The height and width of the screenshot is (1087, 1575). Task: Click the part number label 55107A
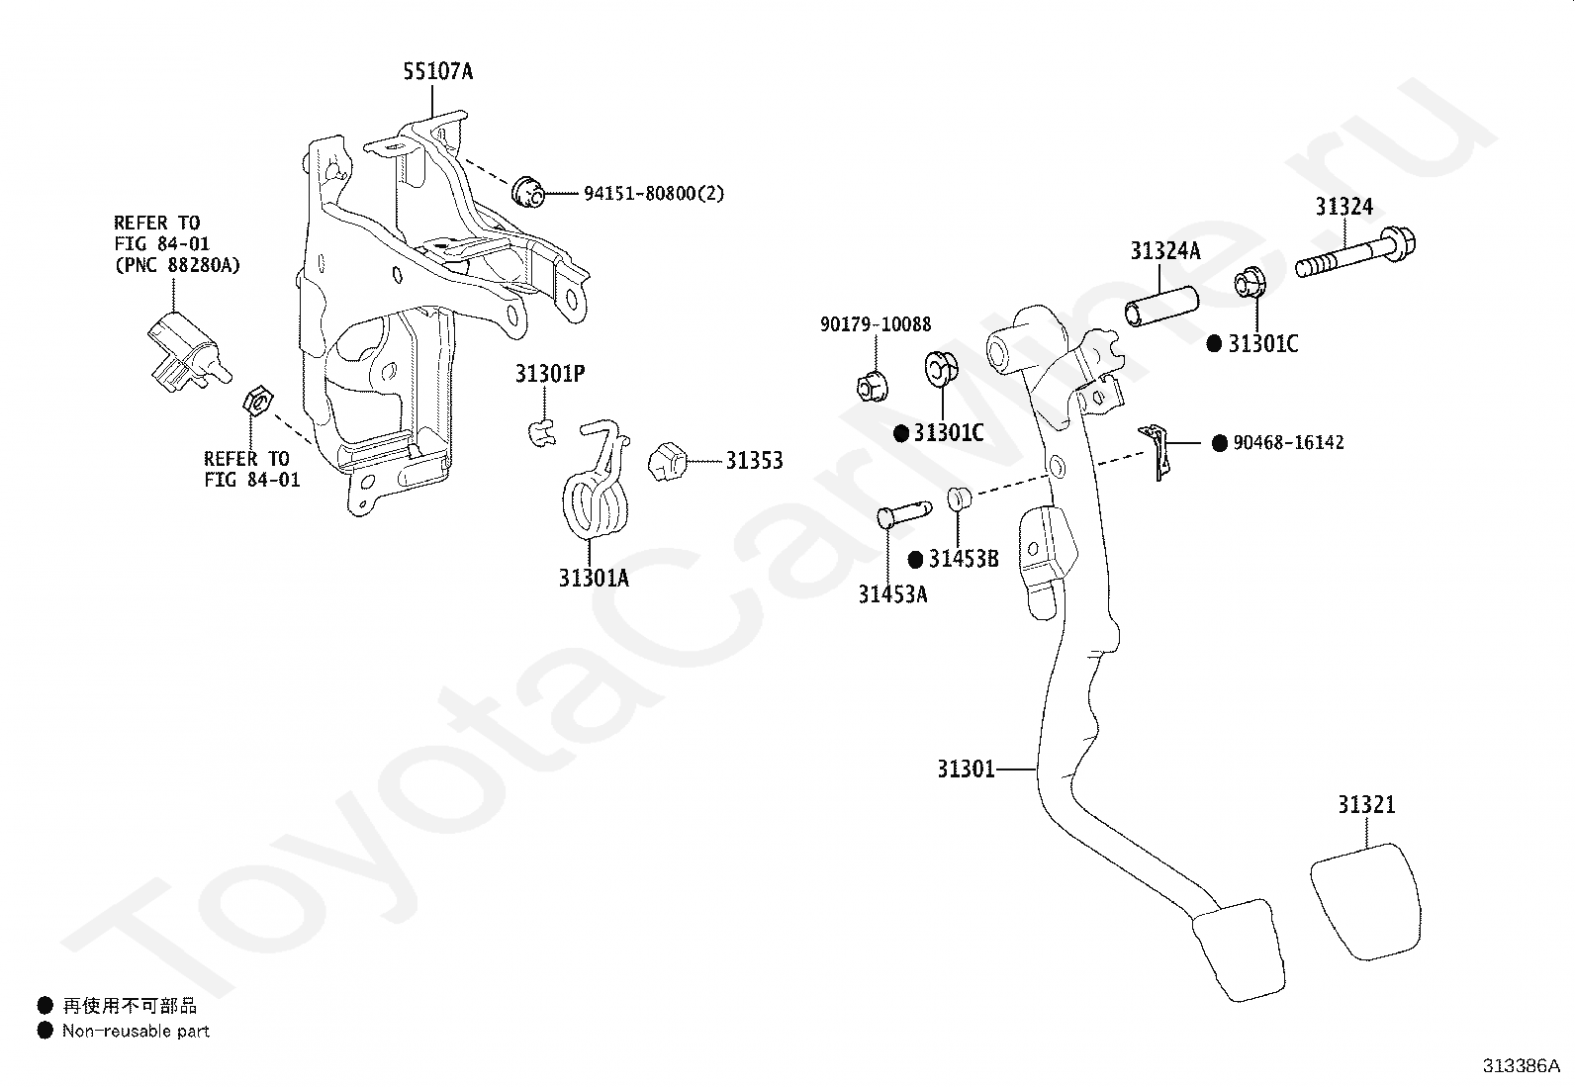point(438,72)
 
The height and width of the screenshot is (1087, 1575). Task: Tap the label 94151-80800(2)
point(654,193)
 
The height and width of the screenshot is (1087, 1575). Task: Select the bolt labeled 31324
point(1355,254)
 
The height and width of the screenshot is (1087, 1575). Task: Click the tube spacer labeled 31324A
point(1161,307)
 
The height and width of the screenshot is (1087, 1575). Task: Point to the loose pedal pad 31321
point(1365,901)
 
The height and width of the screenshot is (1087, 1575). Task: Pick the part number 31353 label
point(754,461)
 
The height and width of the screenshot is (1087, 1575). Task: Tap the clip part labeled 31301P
point(541,432)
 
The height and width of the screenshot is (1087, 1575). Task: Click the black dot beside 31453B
point(915,560)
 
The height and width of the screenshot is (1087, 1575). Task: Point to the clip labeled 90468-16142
point(1157,451)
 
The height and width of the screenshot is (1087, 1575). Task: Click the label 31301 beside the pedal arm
point(966,770)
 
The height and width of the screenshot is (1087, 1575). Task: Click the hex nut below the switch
point(258,401)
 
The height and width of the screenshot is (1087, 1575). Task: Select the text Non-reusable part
point(136,1031)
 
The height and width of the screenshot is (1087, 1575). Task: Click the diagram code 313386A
point(1521,1066)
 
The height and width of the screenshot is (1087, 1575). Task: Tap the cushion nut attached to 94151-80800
point(527,191)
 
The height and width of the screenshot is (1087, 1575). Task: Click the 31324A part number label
point(1165,251)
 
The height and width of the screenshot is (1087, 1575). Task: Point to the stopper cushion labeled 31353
point(667,461)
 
